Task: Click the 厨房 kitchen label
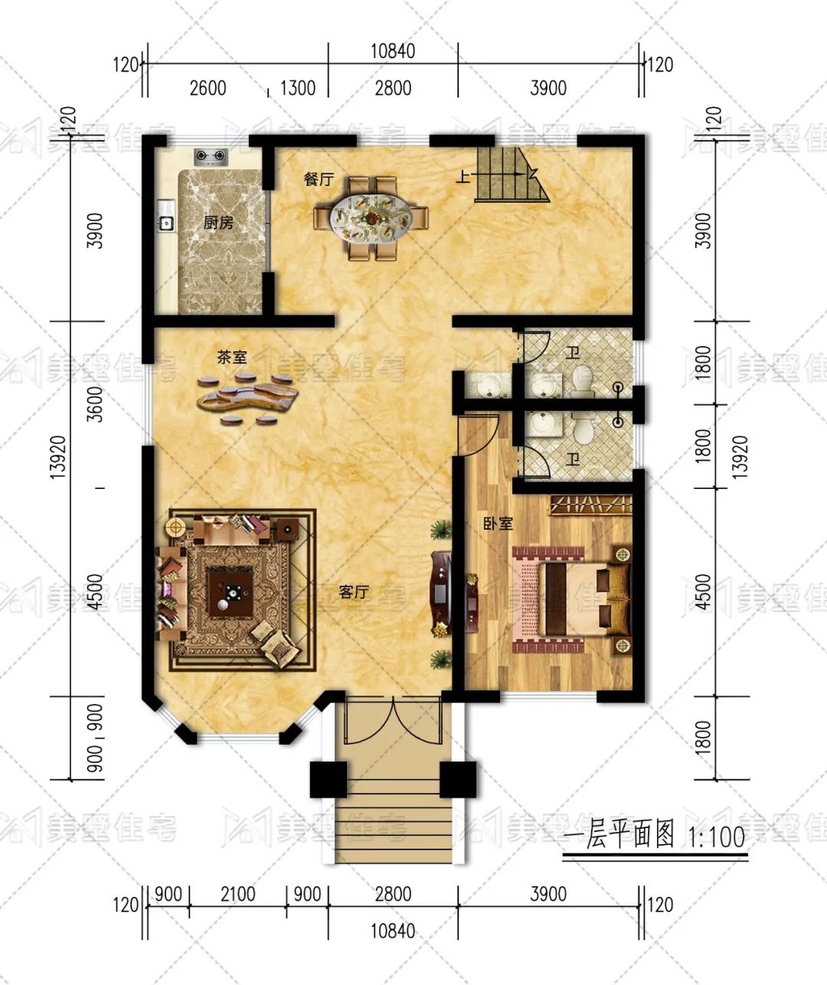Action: [x=218, y=223]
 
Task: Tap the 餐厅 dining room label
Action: [x=319, y=180]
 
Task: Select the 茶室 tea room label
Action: [x=231, y=357]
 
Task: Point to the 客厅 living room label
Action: [x=355, y=592]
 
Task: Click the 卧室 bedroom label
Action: [x=498, y=524]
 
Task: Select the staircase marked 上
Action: [x=512, y=174]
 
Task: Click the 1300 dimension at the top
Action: [x=297, y=88]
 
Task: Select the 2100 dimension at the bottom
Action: [x=238, y=893]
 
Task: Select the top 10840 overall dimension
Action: [x=393, y=51]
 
